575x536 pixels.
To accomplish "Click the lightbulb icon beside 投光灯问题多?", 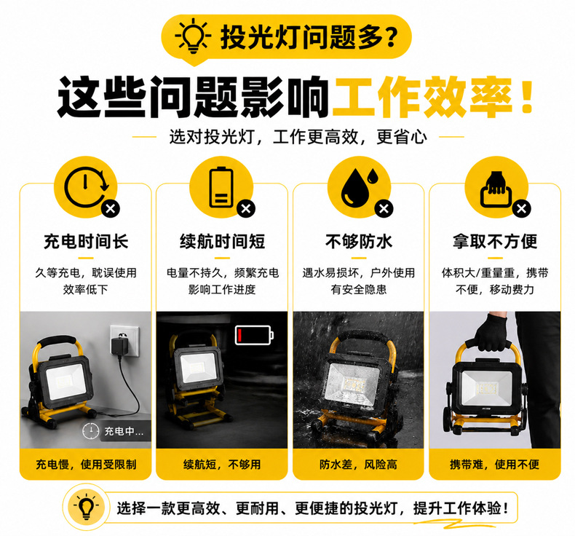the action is click(193, 36).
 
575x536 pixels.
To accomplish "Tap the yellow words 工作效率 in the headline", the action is click(422, 97).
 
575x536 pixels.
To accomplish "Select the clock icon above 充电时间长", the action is click(87, 187).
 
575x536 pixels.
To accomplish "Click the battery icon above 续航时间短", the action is click(221, 187).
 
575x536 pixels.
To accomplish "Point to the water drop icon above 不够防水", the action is click(358, 187).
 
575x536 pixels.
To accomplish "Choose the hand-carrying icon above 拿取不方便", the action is click(496, 189).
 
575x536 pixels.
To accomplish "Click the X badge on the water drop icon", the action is click(384, 209).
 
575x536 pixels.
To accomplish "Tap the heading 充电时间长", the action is click(86, 241).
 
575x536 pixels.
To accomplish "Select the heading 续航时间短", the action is click(222, 241).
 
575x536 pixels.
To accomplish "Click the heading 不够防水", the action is click(359, 241).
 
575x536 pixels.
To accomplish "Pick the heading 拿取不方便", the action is click(495, 241).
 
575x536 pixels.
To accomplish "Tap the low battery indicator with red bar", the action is click(254, 335).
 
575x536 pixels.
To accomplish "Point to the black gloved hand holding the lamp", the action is click(492, 332).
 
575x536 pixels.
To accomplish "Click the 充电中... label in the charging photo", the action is click(124, 431).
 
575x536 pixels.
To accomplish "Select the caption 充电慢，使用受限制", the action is click(86, 465).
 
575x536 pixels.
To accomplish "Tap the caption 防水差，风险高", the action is click(358, 465).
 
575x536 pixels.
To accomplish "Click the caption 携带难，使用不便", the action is click(495, 465).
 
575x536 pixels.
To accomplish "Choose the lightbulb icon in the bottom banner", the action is click(86, 507).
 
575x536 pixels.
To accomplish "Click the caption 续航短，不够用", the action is click(222, 465).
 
